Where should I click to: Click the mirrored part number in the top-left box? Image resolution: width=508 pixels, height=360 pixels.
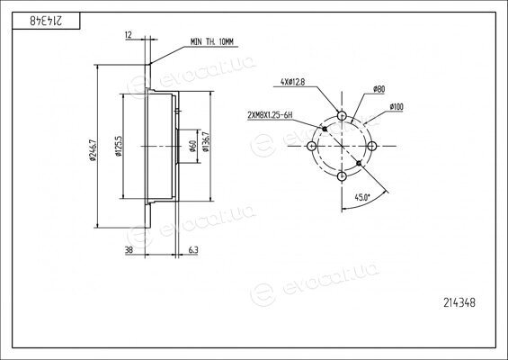pos(47,21)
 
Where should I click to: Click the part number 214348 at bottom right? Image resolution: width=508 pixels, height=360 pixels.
pos(459,302)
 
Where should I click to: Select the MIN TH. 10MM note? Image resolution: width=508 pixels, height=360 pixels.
pos(212,41)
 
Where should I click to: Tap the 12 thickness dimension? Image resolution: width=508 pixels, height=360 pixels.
pos(129,35)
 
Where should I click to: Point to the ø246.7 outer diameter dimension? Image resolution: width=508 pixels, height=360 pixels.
pos(92,149)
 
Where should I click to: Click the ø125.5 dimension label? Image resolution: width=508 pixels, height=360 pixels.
pos(119,146)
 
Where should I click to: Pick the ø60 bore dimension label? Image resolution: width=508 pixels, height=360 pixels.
pos(192,147)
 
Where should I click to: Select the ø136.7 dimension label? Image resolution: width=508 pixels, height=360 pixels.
pos(205,141)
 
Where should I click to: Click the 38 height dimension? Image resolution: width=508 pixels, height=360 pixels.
pos(129,249)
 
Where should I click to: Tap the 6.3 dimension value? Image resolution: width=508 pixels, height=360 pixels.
pos(193,249)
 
